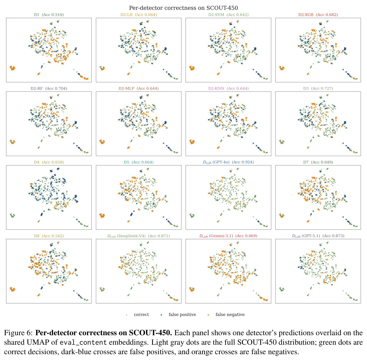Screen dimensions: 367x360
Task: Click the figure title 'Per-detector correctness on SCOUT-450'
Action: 183,8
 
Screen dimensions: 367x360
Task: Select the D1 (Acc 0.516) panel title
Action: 49,15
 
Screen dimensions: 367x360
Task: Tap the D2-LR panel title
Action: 138,15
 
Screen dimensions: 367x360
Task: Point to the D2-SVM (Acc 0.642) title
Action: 228,15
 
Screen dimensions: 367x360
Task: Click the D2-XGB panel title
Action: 318,15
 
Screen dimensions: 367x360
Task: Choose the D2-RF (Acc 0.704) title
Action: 49,88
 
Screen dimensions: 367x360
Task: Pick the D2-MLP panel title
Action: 138,88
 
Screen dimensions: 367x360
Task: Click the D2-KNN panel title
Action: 228,88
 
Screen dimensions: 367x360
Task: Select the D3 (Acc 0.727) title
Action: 318,88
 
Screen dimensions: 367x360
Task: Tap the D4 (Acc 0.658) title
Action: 49,162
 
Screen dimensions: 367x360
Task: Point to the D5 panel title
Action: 138,162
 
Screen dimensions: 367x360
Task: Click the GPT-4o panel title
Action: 228,162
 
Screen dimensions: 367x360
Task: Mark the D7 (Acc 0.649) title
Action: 318,162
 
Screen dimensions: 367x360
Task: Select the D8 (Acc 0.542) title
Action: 49,236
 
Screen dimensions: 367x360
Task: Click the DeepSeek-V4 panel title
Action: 138,236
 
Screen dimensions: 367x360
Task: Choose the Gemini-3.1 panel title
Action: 228,236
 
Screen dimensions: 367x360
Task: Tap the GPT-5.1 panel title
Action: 318,236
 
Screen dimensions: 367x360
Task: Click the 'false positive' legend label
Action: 182,315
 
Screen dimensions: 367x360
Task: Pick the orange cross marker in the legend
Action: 208,315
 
